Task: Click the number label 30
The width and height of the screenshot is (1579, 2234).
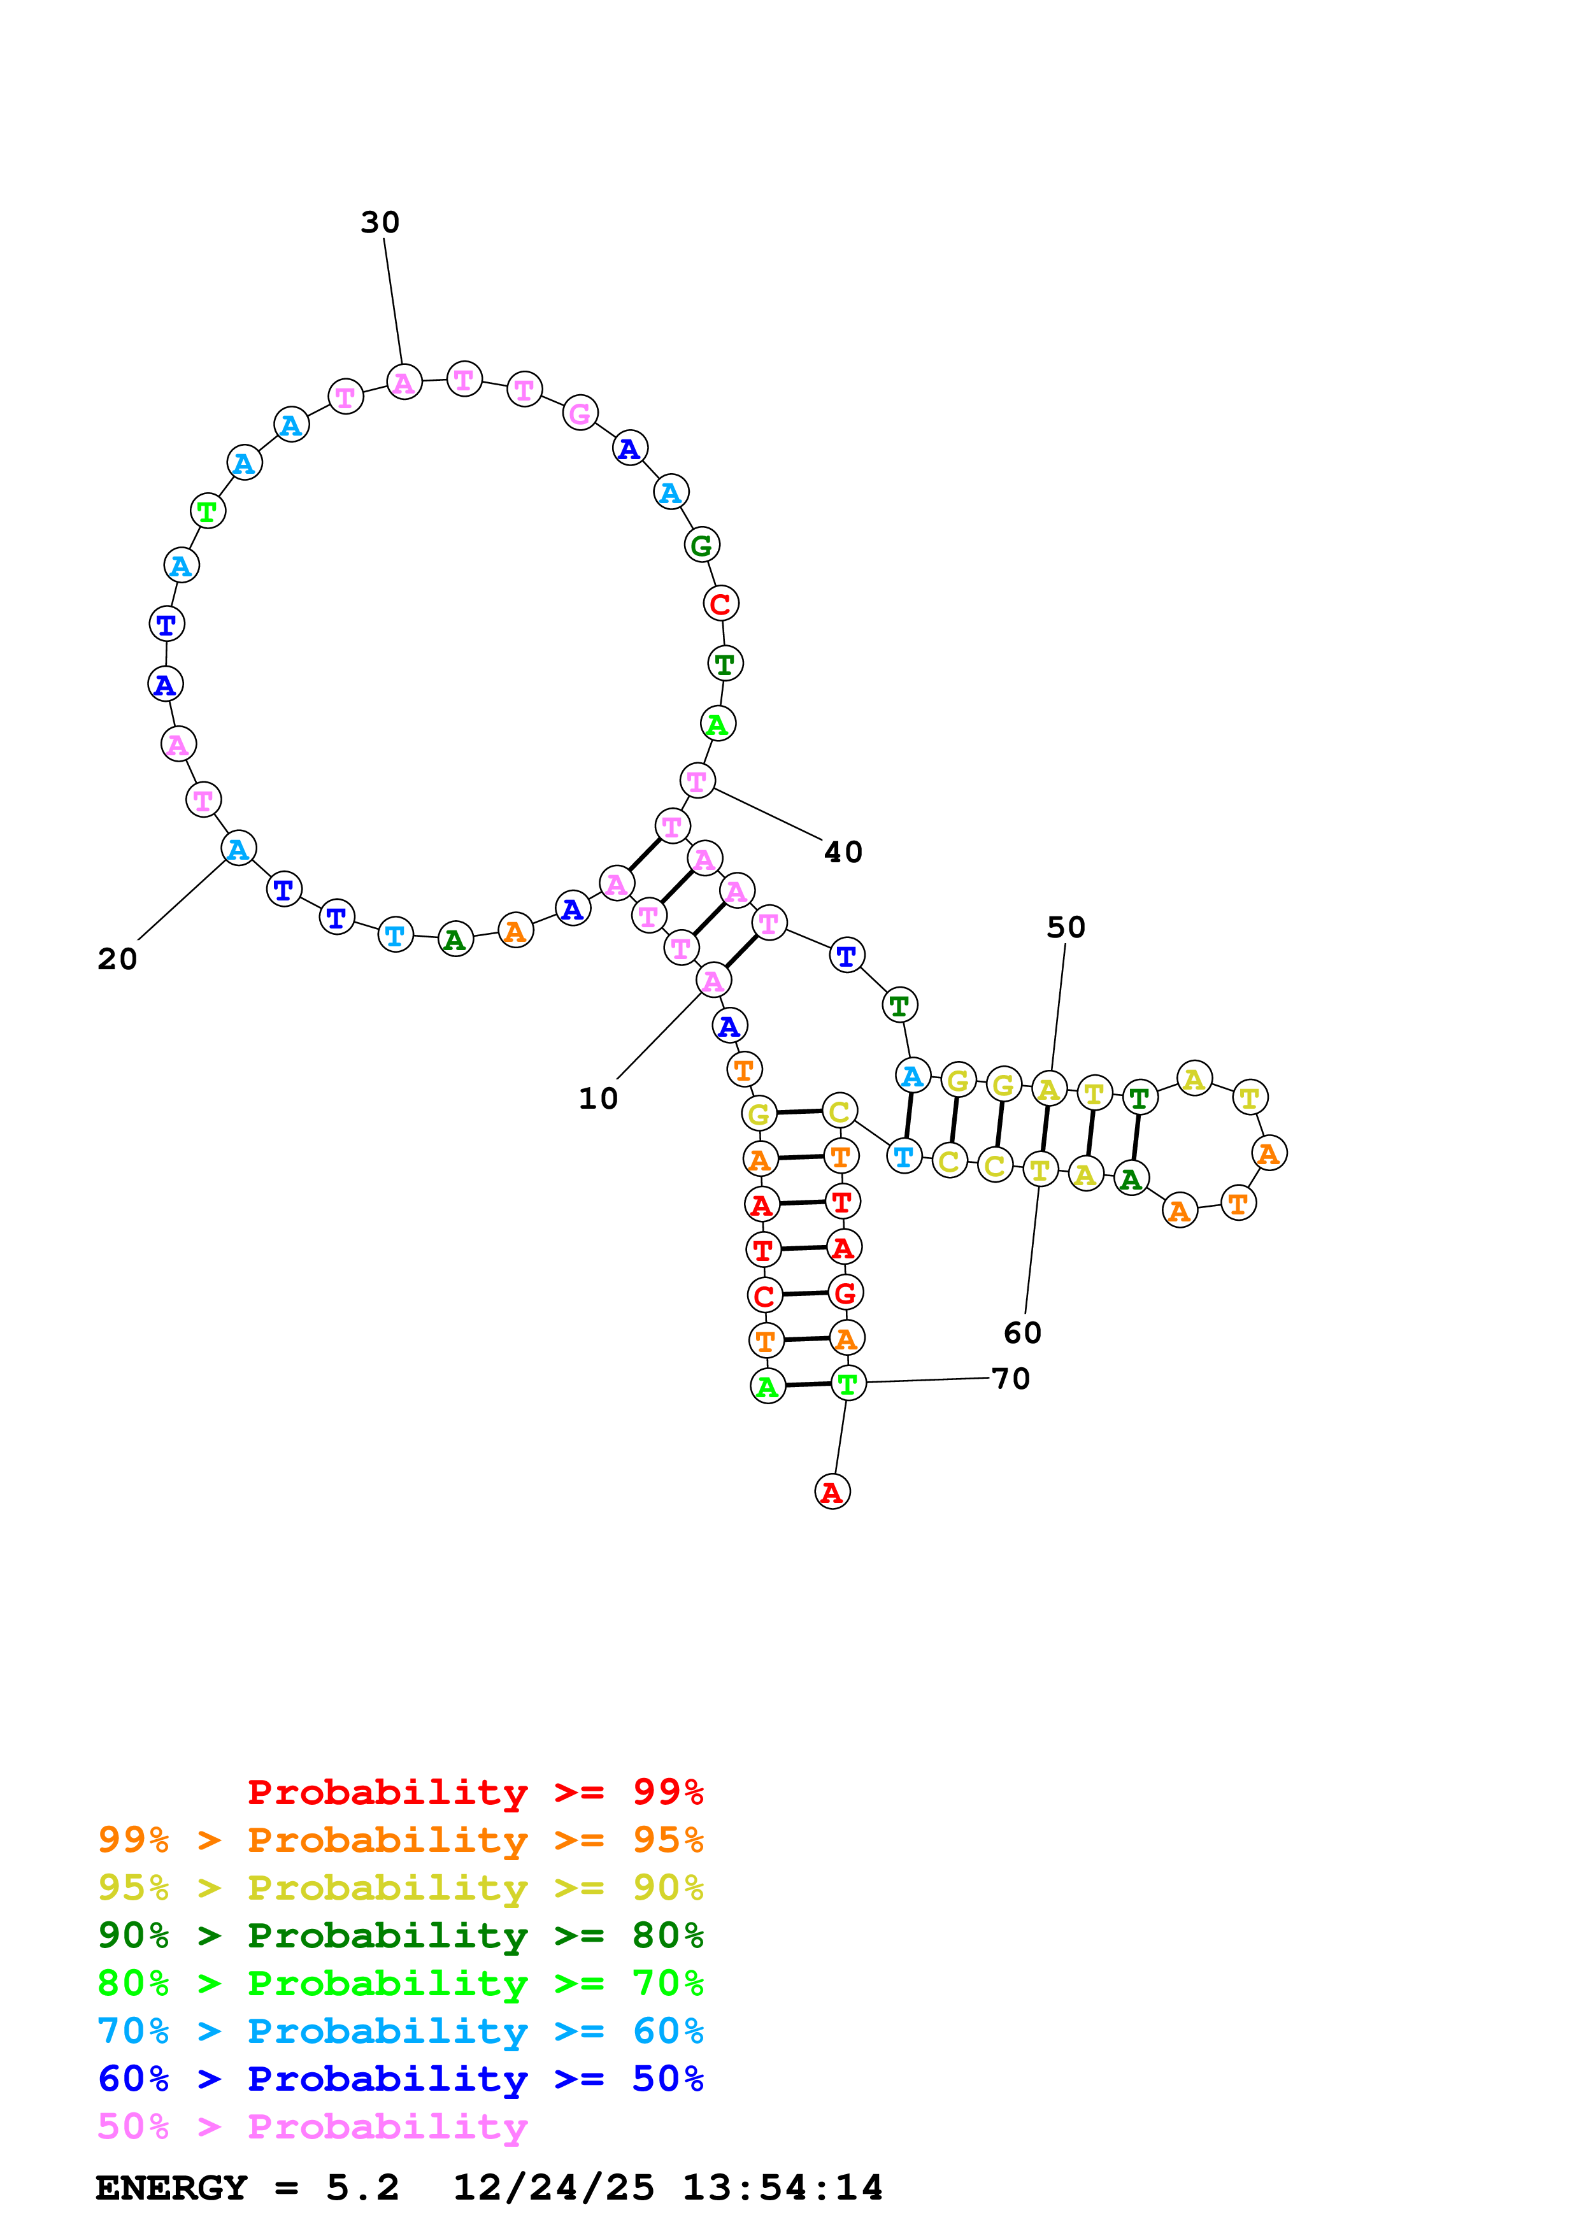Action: pyautogui.click(x=380, y=223)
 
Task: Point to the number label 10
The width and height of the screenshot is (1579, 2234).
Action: pyautogui.click(x=597, y=1099)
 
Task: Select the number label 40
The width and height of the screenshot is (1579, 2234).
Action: pyautogui.click(x=843, y=852)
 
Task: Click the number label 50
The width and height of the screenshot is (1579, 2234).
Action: pyautogui.click(x=1066, y=927)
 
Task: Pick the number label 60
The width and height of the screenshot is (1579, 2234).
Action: pyautogui.click(x=1022, y=1333)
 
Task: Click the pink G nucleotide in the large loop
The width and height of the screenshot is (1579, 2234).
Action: pyautogui.click(x=580, y=413)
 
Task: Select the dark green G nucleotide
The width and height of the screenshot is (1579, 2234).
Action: pyautogui.click(x=701, y=546)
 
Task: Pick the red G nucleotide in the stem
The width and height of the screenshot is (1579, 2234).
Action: pyautogui.click(x=845, y=1293)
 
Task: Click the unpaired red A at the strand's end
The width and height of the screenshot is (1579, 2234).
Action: pyautogui.click(x=832, y=1493)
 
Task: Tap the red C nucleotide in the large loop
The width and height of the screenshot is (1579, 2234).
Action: pyautogui.click(x=720, y=604)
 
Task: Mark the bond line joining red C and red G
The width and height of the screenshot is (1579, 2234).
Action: pyautogui.click(x=804, y=1294)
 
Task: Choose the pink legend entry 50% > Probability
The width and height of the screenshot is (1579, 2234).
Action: pyautogui.click(x=311, y=2127)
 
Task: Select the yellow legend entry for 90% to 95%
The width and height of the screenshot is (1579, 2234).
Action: pyautogui.click(x=400, y=1888)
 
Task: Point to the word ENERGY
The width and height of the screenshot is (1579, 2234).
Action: pyautogui.click(x=171, y=2188)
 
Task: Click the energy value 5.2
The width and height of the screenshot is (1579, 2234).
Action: pyautogui.click(x=362, y=2188)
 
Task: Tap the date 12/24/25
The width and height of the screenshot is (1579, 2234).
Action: pyautogui.click(x=553, y=2188)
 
